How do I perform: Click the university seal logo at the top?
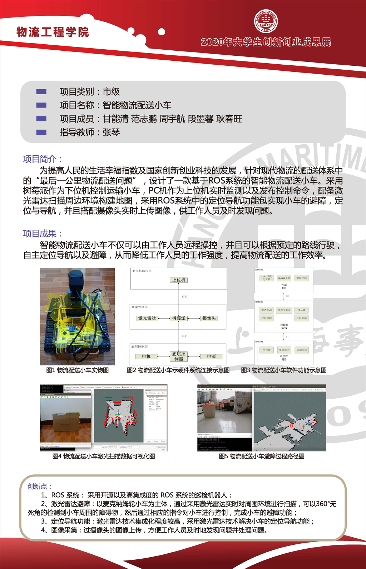pos(266,20)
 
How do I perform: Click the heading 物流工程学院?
pos(53,32)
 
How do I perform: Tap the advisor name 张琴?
pos(111,132)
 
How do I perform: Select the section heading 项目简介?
pos(43,159)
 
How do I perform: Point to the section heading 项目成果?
pos(43,234)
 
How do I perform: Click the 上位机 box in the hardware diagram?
pos(178,280)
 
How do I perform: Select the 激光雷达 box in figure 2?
pos(147,318)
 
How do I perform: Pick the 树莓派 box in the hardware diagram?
pos(179,318)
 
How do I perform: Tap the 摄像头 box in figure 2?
pos(209,318)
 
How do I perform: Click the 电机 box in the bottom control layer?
pos(146,356)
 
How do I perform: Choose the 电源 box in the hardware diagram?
pos(211,356)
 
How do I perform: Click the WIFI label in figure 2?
pos(184,296)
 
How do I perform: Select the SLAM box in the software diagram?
pos(301,310)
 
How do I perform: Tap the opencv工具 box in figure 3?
pos(284,278)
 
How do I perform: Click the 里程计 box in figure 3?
pos(267,350)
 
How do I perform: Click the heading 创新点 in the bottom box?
pos(39,486)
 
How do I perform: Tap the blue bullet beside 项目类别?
pos(41,92)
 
